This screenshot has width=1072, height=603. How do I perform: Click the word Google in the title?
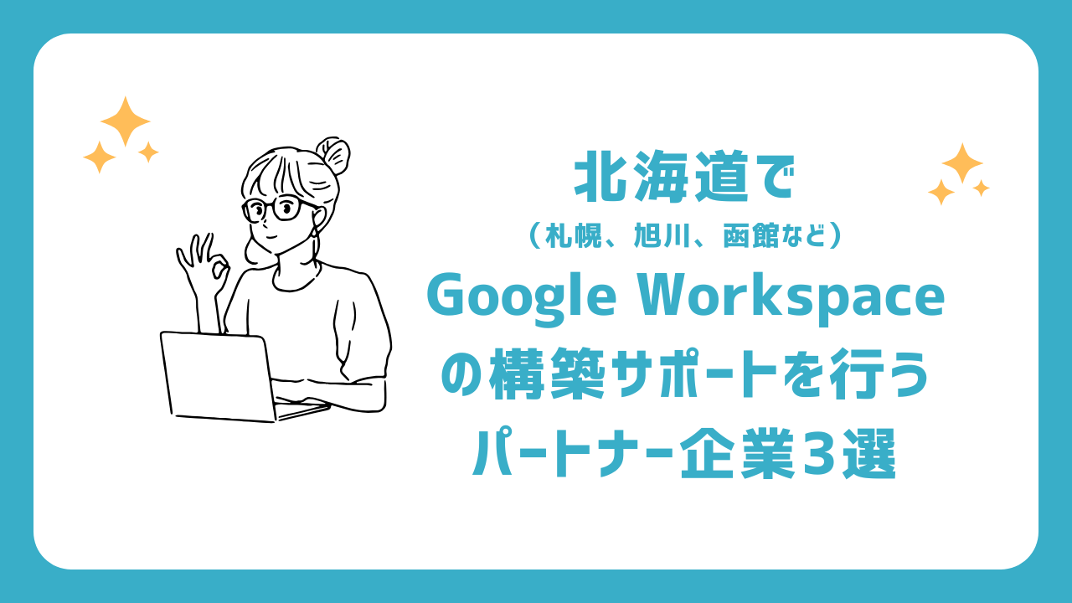click(x=521, y=301)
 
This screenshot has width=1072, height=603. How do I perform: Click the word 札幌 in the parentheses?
click(x=574, y=235)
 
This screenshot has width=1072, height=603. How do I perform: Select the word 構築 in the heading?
click(x=547, y=374)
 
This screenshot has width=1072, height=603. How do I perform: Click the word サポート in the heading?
click(x=693, y=374)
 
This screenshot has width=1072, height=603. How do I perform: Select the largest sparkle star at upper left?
click(x=126, y=121)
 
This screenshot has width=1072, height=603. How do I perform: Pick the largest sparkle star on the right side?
click(x=962, y=163)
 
